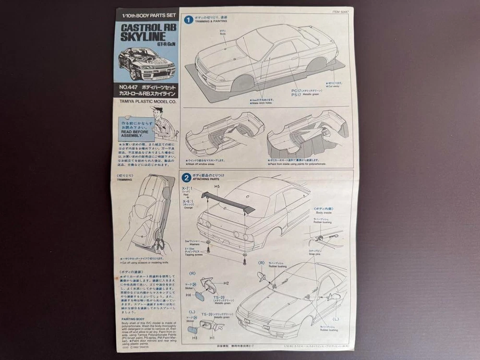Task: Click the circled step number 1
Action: click(x=189, y=20)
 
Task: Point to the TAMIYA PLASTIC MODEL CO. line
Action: click(x=146, y=101)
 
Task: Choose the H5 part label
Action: click(x=217, y=186)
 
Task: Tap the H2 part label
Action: click(x=226, y=284)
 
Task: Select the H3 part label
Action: click(x=195, y=338)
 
